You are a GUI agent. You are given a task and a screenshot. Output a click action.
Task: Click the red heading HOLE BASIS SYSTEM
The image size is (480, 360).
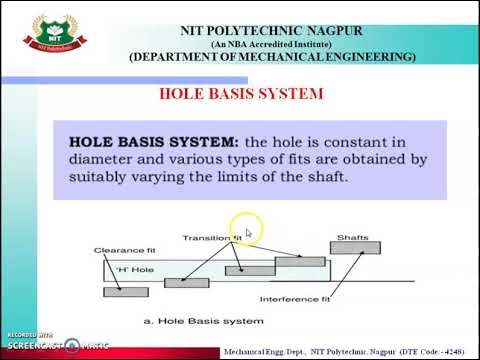(242, 94)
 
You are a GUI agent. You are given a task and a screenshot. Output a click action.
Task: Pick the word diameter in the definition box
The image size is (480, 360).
(102, 159)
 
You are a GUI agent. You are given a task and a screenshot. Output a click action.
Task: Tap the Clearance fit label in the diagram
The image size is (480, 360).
(120, 249)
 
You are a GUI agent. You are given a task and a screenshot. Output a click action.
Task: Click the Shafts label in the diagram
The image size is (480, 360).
(353, 238)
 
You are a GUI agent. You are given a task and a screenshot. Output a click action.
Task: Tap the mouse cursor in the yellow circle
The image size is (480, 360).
(248, 233)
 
